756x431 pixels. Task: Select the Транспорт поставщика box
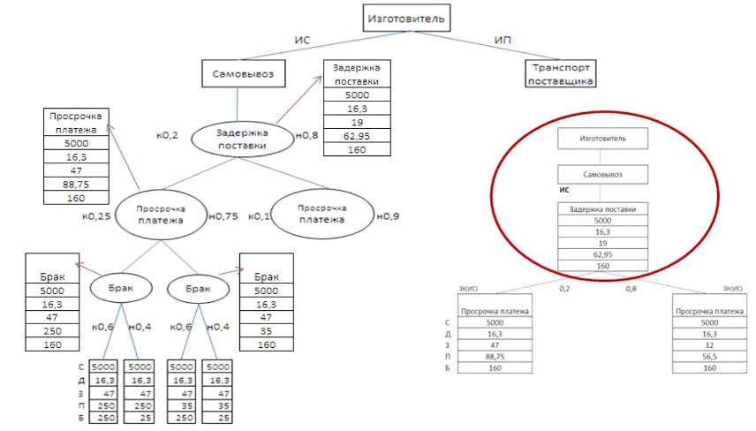click(559, 73)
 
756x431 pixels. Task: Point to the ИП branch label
click(503, 40)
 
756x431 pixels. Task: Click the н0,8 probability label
click(306, 135)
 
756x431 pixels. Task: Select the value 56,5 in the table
click(706, 357)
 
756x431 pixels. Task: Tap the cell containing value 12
click(706, 345)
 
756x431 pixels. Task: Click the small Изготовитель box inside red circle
click(602, 139)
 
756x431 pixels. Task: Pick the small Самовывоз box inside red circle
click(602, 174)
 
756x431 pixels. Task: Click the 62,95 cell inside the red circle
click(602, 253)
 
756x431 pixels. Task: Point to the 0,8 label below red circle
click(631, 288)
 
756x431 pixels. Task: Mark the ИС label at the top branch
click(302, 40)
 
